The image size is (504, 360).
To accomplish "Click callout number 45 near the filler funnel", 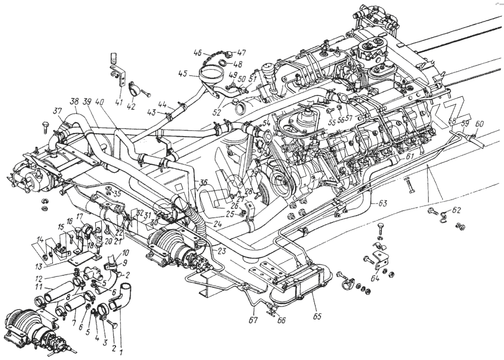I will (x=182, y=73).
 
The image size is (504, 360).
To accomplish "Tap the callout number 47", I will (x=242, y=52).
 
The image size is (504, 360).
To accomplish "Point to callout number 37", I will (x=58, y=111).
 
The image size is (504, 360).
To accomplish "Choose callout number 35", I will (x=117, y=193).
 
